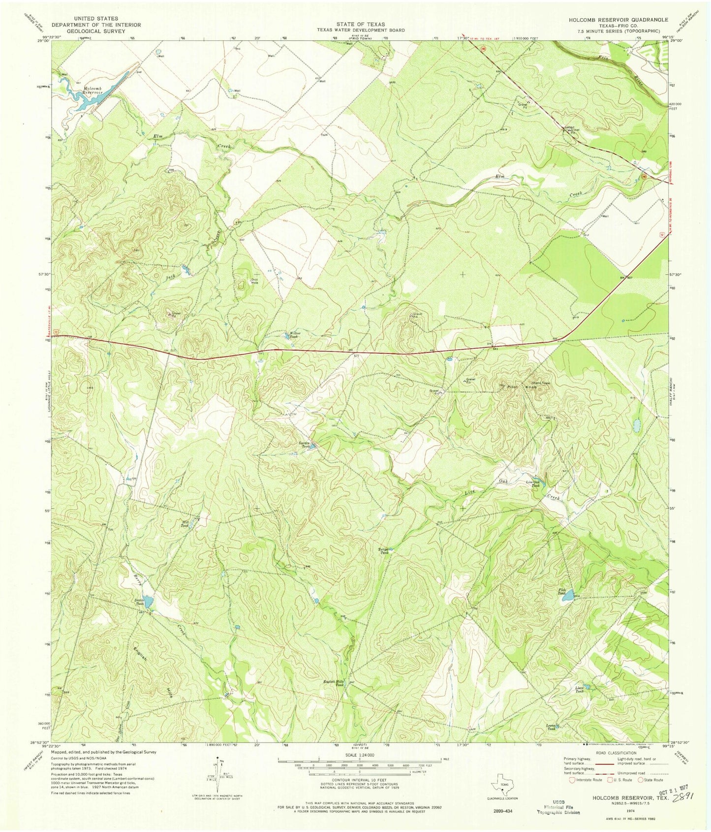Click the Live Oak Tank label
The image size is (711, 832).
[x=533, y=484]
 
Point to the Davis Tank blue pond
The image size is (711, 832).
[x=150, y=602]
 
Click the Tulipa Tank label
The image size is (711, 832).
[x=384, y=550]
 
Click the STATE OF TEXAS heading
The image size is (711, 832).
[x=361, y=24]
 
